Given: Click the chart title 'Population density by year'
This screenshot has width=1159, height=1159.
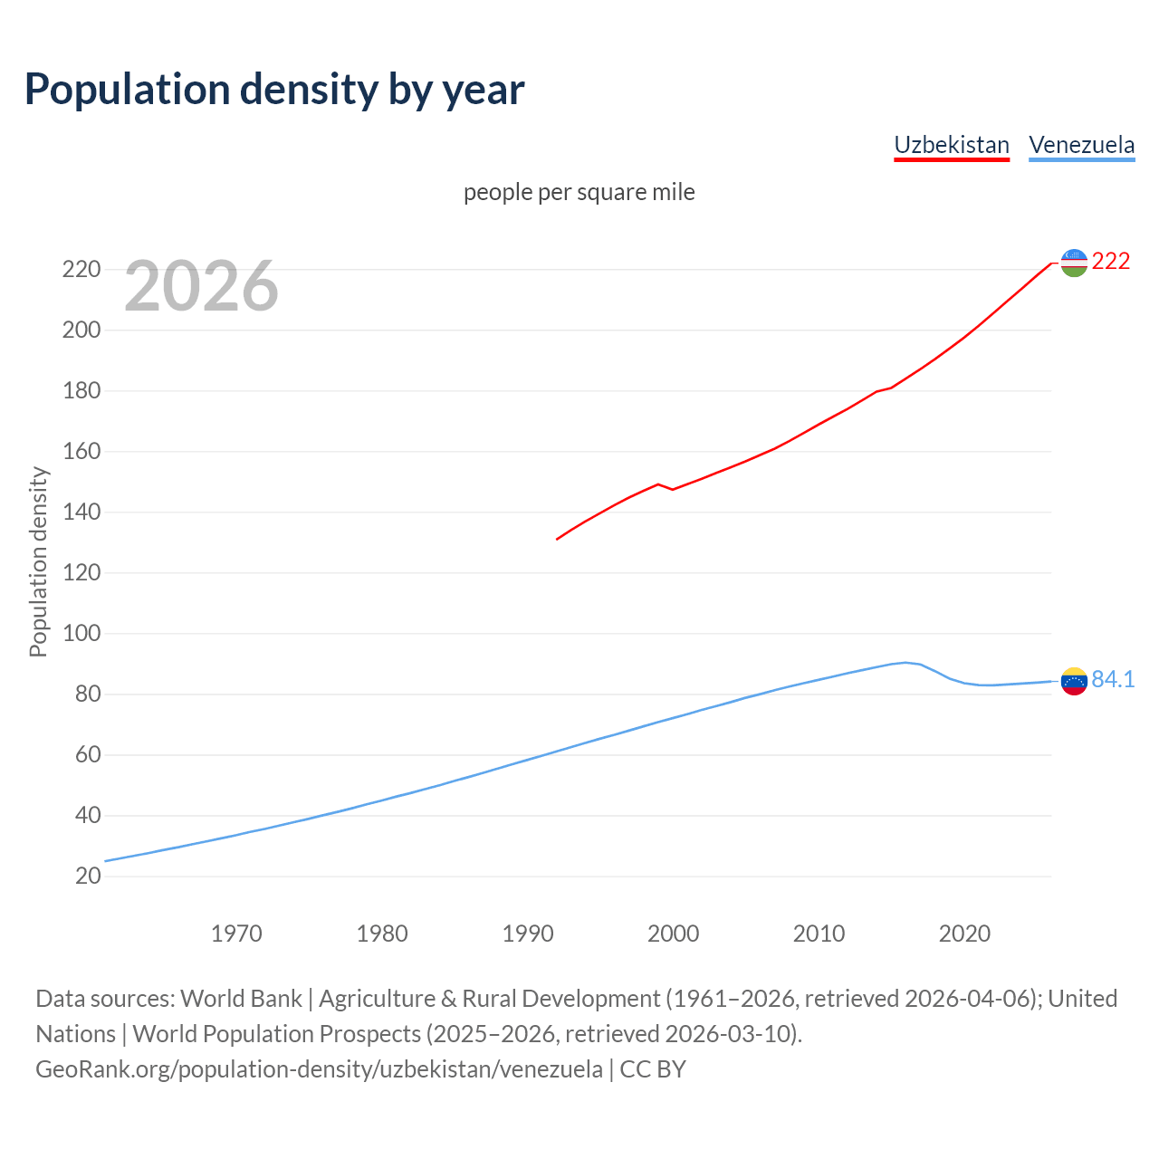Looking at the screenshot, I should [x=274, y=89].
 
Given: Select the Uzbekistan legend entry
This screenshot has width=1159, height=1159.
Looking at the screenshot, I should [x=951, y=145].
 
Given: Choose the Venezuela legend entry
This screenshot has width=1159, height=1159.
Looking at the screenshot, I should [x=1081, y=145].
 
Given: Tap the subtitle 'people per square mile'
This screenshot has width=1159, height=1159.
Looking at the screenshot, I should [x=579, y=192].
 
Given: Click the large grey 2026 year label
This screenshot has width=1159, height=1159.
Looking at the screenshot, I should [x=201, y=286].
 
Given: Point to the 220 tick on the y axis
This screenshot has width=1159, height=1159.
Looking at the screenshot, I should [x=81, y=270].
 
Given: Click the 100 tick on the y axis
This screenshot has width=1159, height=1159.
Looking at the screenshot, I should [x=81, y=634].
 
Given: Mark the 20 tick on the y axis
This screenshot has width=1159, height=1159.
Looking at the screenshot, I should [x=88, y=876].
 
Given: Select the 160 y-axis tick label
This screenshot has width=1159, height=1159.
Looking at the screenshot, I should [x=81, y=451].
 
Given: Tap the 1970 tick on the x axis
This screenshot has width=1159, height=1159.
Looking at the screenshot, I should [x=236, y=934].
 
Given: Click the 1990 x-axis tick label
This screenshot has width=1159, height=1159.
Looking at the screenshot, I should [x=528, y=934].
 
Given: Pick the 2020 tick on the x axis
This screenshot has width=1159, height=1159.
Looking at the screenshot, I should [x=964, y=934].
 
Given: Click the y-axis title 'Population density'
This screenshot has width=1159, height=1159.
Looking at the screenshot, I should [x=38, y=561].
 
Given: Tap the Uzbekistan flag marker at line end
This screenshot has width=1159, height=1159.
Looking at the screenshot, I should [x=1073, y=263].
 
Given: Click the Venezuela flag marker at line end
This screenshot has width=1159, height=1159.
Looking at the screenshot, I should [x=1073, y=681].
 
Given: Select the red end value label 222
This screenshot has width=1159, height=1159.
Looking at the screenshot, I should [x=1111, y=262].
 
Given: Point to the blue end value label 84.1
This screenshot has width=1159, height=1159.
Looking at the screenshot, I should [x=1113, y=679].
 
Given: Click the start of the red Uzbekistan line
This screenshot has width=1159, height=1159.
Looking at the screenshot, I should [x=557, y=540].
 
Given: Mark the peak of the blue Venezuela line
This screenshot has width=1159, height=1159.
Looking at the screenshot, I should [x=905, y=662].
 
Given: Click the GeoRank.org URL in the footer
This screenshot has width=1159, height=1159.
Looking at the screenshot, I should [x=319, y=1069].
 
